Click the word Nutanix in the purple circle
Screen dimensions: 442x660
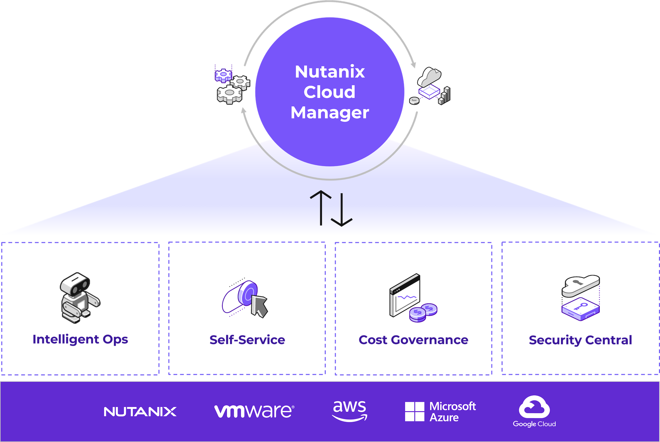coord(330,72)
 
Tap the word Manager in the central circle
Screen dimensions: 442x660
coord(330,112)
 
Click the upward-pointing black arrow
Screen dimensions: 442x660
coord(321,208)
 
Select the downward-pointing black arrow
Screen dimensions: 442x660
coord(342,210)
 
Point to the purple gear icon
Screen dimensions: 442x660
coord(223,75)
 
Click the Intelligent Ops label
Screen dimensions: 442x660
coord(80,339)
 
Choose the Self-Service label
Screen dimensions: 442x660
coord(247,340)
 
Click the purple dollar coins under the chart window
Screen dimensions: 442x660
coord(423,312)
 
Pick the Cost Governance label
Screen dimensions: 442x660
coord(413,340)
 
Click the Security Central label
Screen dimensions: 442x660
coord(580,340)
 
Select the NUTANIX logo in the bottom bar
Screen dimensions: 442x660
coord(140,412)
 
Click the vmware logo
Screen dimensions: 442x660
coord(254,411)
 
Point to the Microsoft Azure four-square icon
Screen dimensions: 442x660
coord(414,412)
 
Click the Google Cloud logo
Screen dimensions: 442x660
coord(534,411)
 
